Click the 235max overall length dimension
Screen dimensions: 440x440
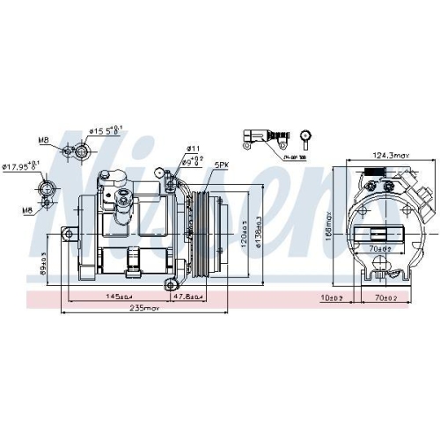pyautogui.click(x=140, y=308)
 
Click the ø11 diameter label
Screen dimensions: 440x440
pyautogui.click(x=193, y=148)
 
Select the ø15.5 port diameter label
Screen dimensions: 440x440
pyautogui.click(x=106, y=132)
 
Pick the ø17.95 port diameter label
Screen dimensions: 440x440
pyautogui.click(x=21, y=165)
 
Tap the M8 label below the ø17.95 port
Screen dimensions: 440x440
pyautogui.click(x=28, y=209)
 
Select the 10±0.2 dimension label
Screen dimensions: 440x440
pyautogui.click(x=333, y=297)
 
